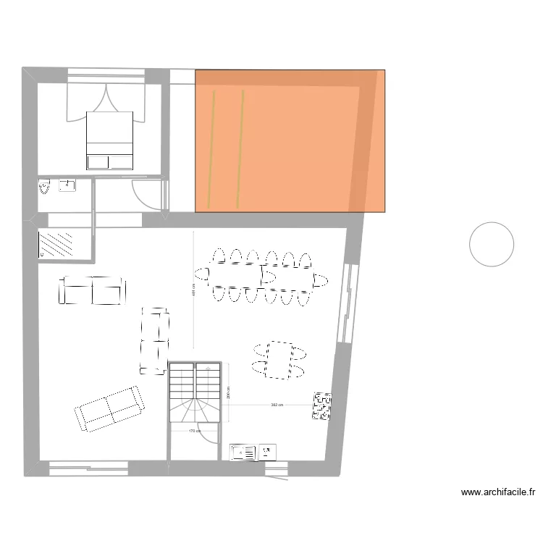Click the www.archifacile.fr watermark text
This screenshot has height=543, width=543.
tap(498, 492)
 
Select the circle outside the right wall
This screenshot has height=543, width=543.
tap(492, 244)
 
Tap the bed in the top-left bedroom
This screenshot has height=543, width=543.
tap(110, 140)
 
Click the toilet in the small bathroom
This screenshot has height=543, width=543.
tap(46, 188)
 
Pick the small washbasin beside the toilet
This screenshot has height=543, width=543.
tap(67, 185)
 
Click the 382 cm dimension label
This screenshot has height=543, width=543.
tap(276, 405)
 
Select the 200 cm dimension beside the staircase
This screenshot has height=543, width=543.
tap(229, 392)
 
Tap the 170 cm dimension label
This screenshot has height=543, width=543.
tap(193, 432)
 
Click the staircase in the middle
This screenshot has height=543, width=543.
tap(195, 391)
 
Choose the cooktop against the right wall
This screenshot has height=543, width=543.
tap(321, 406)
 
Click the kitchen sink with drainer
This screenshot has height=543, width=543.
tap(243, 452)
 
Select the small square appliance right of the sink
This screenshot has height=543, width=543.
tap(268, 452)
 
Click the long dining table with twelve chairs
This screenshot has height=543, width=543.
tap(261, 275)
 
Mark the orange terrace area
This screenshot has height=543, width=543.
tap(290, 141)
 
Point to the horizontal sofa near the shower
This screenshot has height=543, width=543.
tap(91, 290)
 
